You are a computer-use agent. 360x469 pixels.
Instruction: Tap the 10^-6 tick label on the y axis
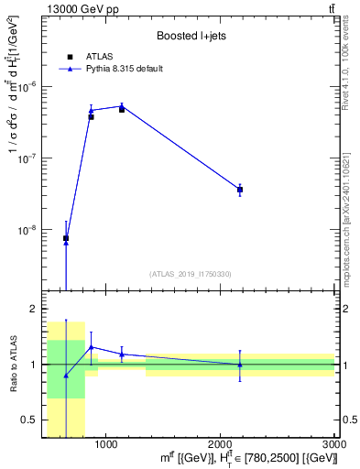click(x=29, y=87)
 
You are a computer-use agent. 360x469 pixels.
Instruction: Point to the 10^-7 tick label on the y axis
click(x=29, y=158)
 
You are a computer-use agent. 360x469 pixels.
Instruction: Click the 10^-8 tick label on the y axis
click(x=29, y=230)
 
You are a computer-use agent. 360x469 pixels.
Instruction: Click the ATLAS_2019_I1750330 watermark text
click(x=190, y=274)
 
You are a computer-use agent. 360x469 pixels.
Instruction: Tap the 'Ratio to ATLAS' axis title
click(x=12, y=365)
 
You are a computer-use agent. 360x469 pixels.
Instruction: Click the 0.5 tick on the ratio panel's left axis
click(x=29, y=420)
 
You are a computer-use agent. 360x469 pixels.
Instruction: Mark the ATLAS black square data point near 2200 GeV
click(x=240, y=190)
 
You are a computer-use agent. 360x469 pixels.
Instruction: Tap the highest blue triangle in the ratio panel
click(x=91, y=347)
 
